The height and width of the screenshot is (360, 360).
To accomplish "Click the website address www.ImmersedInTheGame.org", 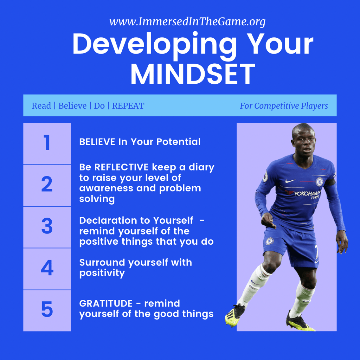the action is (x=187, y=22).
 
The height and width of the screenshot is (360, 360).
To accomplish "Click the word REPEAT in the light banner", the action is (x=128, y=106).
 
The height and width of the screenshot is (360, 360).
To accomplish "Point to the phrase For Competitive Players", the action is (x=284, y=106).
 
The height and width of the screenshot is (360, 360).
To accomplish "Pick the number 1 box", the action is (x=47, y=143).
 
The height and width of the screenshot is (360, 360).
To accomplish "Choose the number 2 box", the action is (x=47, y=185).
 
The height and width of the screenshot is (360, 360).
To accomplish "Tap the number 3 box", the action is (x=47, y=227).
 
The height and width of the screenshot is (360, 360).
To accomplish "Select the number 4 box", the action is (x=47, y=269).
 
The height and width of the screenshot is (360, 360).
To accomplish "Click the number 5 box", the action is (x=47, y=311).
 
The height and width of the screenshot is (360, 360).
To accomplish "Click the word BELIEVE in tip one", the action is (x=97, y=142).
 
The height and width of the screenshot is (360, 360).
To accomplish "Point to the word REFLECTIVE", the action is (x=121, y=167).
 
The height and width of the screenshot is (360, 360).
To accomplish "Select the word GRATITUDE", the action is (x=106, y=303).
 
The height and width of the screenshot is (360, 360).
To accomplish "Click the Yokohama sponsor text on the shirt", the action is (x=307, y=194).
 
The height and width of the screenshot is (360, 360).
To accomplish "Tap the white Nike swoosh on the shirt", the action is (x=290, y=181).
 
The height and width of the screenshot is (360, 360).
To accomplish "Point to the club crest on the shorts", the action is (x=270, y=241).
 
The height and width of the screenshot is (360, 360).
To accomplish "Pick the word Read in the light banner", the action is (x=41, y=106).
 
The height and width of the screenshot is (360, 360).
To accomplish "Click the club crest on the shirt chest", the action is (x=319, y=182).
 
